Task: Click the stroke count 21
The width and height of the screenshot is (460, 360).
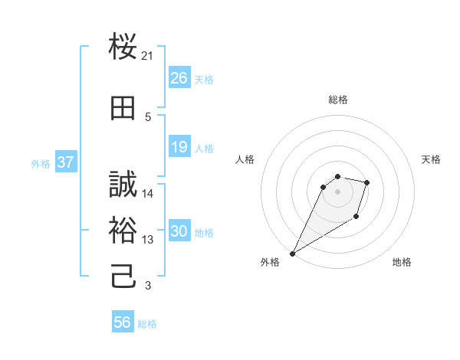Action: (148, 56)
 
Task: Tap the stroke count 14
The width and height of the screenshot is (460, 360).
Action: (148, 194)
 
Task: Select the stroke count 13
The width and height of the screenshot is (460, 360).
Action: (148, 240)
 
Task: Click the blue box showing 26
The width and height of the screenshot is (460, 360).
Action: (179, 77)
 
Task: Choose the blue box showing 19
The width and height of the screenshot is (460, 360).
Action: (179, 146)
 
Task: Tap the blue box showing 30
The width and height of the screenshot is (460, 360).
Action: (179, 231)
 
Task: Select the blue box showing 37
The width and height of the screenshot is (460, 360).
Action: (65, 162)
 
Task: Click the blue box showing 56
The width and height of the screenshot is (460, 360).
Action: (122, 322)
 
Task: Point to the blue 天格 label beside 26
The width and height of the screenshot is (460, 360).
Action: (204, 79)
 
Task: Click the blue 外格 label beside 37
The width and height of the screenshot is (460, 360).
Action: (40, 163)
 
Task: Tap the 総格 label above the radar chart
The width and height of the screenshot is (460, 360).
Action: (338, 100)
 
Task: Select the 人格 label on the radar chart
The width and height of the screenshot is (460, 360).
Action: (245, 159)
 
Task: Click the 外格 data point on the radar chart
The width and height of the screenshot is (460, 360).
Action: (292, 254)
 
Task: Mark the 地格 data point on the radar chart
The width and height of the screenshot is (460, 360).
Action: (356, 218)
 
